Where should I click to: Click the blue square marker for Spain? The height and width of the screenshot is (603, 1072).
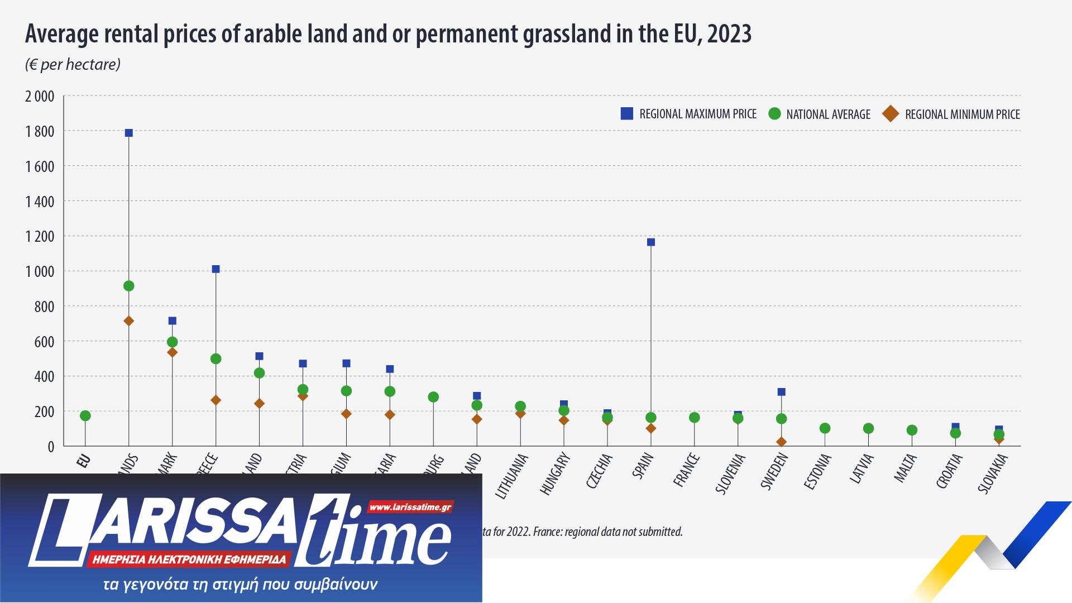[650, 242]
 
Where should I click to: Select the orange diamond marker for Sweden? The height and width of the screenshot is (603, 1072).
[781, 442]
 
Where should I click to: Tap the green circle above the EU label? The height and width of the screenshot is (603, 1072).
[85, 416]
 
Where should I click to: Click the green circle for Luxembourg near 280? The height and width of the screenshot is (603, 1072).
[433, 397]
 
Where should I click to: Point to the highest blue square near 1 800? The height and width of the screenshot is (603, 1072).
[128, 133]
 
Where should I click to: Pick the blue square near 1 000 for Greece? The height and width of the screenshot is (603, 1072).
[216, 269]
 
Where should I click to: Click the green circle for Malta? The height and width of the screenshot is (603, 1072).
[912, 430]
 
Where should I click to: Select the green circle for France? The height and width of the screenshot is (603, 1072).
[694, 418]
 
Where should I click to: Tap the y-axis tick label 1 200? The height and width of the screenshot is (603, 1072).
[40, 237]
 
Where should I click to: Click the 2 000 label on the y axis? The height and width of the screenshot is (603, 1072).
[40, 97]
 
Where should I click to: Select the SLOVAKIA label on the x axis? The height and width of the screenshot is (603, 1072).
[992, 473]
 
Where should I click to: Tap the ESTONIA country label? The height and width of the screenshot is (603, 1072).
[817, 472]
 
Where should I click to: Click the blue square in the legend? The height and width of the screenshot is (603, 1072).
[626, 114]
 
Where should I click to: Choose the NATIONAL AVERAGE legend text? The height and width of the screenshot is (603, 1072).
[828, 114]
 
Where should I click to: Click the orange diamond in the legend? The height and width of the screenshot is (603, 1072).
[891, 114]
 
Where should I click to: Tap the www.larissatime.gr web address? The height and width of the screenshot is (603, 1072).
[410, 508]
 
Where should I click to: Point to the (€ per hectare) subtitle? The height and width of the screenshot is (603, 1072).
[73, 65]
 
